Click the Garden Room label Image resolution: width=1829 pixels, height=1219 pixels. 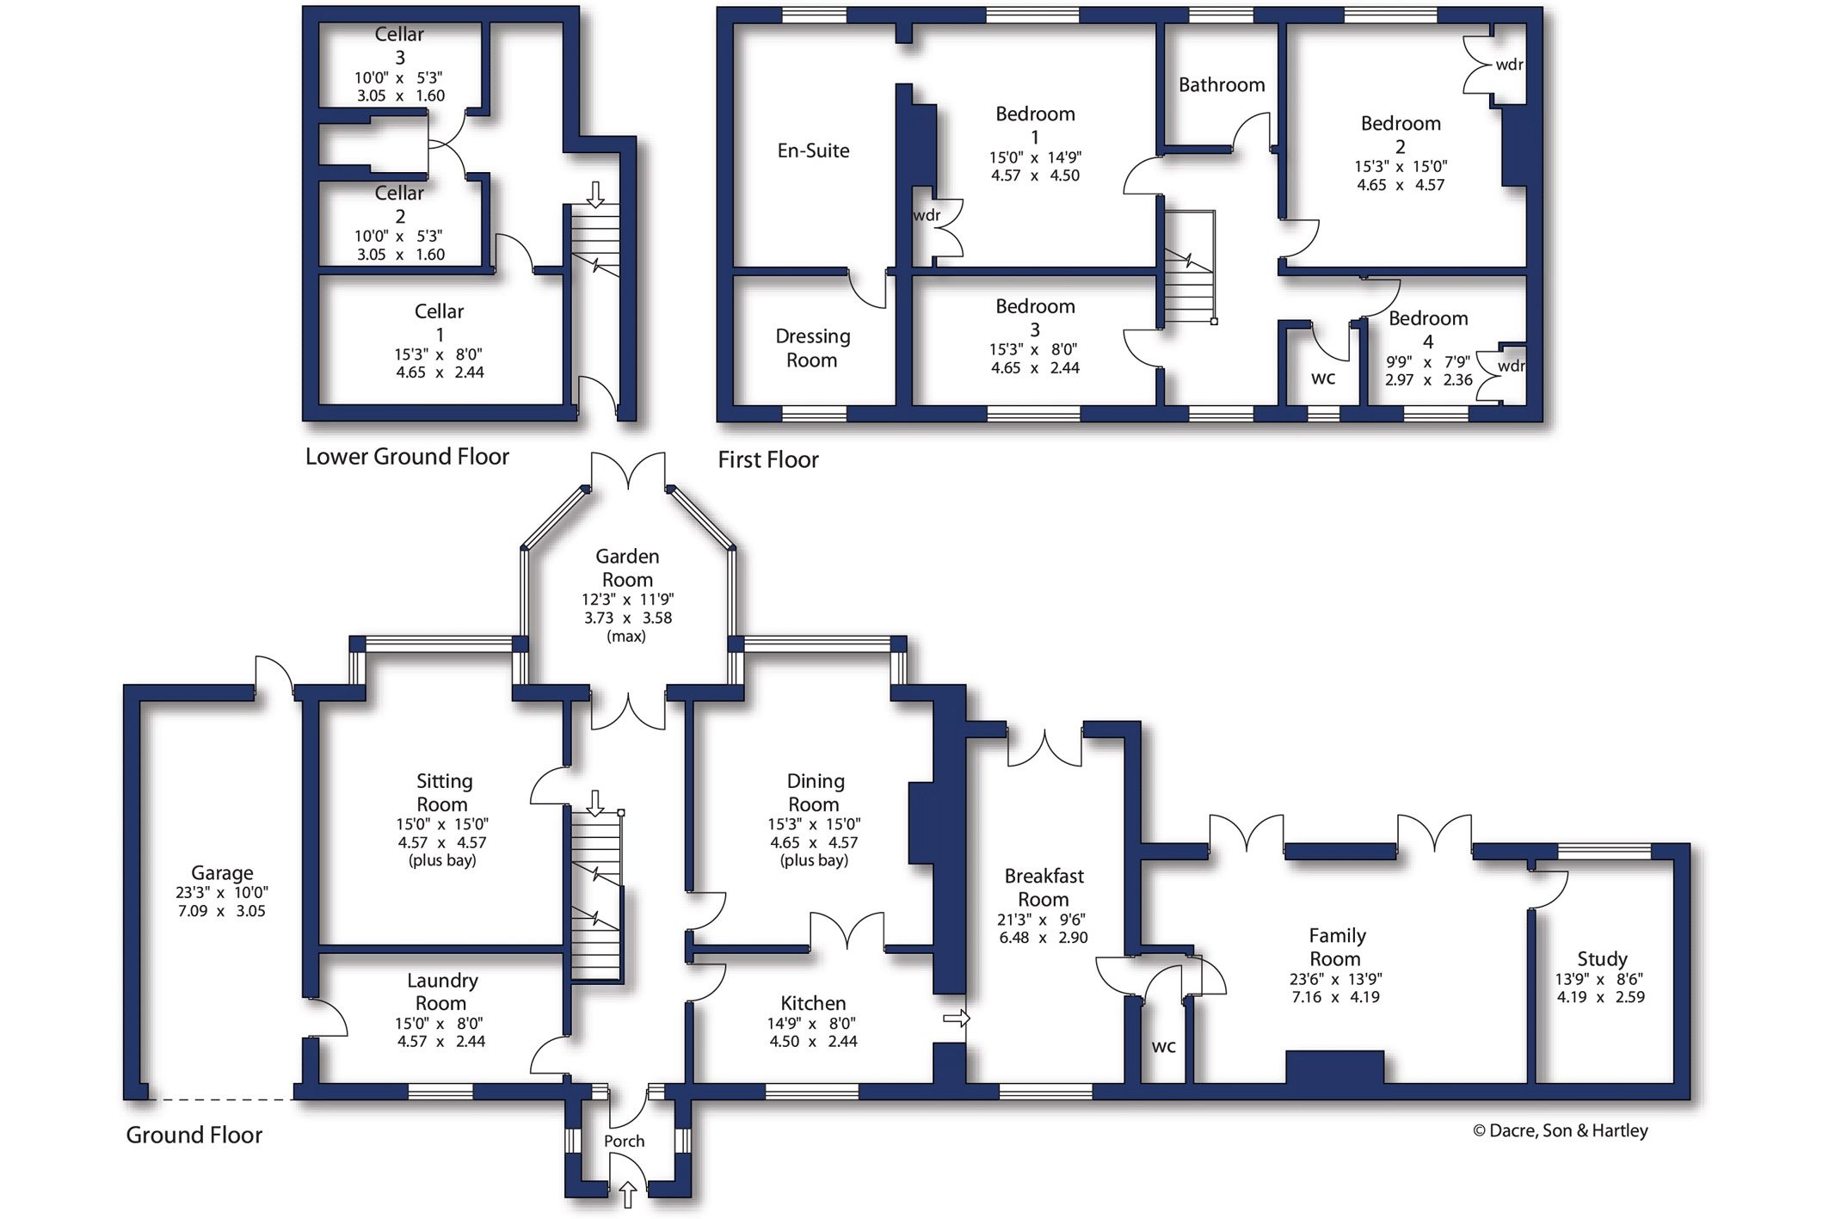click(x=627, y=568)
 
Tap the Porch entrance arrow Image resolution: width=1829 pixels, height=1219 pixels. click(x=628, y=1194)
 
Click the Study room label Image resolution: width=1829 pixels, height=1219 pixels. click(x=1602, y=958)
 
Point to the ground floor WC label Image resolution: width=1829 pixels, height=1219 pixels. click(x=1164, y=1047)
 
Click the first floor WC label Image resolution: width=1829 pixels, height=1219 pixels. click(x=1323, y=378)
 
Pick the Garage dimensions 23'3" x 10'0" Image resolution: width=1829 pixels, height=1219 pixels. click(x=222, y=893)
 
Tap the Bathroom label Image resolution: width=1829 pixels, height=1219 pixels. click(x=1222, y=84)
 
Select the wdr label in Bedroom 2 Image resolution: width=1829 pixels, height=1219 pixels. click(x=1509, y=65)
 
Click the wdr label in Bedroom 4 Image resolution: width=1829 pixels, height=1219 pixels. click(x=1511, y=366)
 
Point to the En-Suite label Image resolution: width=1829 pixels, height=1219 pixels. click(x=813, y=151)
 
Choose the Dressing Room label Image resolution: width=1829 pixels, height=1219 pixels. click(x=812, y=348)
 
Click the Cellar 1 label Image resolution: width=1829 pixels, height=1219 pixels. click(x=439, y=323)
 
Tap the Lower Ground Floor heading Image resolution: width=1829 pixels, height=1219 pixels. click(x=407, y=456)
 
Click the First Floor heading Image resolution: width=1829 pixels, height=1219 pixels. click(x=768, y=459)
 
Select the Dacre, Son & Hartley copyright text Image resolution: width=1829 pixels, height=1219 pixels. click(x=1560, y=1130)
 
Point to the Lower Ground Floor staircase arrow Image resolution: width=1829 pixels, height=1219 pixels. click(x=595, y=194)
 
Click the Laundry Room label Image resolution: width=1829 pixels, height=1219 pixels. click(x=441, y=991)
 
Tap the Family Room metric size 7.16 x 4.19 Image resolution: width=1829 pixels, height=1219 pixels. click(x=1334, y=997)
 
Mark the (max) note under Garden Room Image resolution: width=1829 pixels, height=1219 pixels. click(x=626, y=636)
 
